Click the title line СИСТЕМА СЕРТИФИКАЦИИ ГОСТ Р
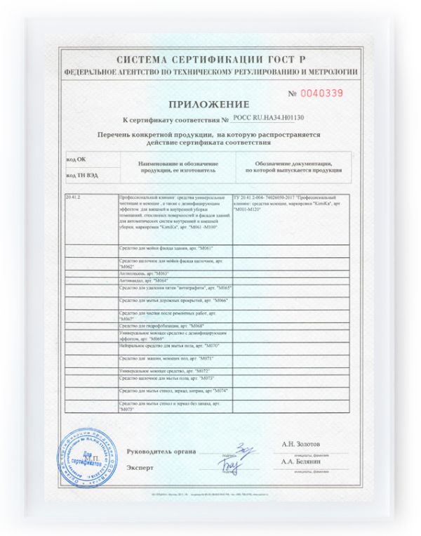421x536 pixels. click(210, 61)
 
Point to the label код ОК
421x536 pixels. click(76, 161)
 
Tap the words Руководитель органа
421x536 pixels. click(161, 451)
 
